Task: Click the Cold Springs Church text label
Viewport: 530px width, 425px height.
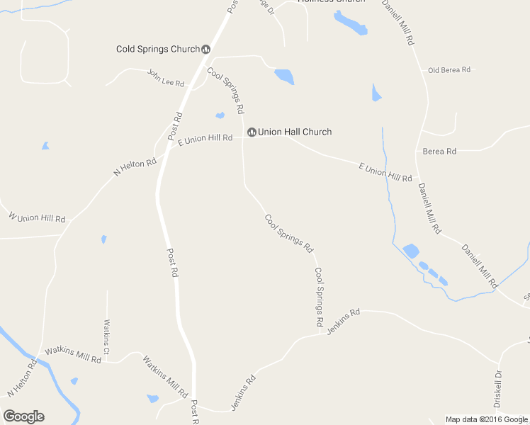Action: point(158,49)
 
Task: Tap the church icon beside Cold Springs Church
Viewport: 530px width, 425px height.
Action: point(206,49)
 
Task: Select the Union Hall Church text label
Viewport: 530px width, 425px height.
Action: point(295,132)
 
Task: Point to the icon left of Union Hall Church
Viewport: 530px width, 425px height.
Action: point(252,132)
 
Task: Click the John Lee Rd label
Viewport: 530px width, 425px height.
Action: point(166,78)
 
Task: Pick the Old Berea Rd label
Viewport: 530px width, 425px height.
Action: point(449,70)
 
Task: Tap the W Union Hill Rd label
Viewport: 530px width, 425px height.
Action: point(37,217)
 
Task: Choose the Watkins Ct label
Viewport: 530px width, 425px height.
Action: point(106,337)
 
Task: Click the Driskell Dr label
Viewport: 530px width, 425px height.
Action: point(498,384)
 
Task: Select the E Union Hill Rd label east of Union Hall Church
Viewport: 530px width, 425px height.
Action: point(385,172)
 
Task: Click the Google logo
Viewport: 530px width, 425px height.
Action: point(24,416)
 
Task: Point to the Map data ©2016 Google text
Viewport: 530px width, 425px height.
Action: point(487,419)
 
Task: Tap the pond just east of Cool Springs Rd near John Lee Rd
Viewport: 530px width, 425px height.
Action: point(284,76)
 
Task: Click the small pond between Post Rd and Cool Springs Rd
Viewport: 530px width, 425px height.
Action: point(220,115)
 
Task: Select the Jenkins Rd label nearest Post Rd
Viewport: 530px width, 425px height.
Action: point(243,393)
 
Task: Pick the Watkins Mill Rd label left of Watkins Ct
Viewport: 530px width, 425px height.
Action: point(73,354)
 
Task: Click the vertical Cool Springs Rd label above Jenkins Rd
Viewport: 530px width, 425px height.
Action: point(320,297)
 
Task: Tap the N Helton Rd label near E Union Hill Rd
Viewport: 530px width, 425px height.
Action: point(135,168)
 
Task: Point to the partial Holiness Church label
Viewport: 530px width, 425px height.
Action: point(331,1)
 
